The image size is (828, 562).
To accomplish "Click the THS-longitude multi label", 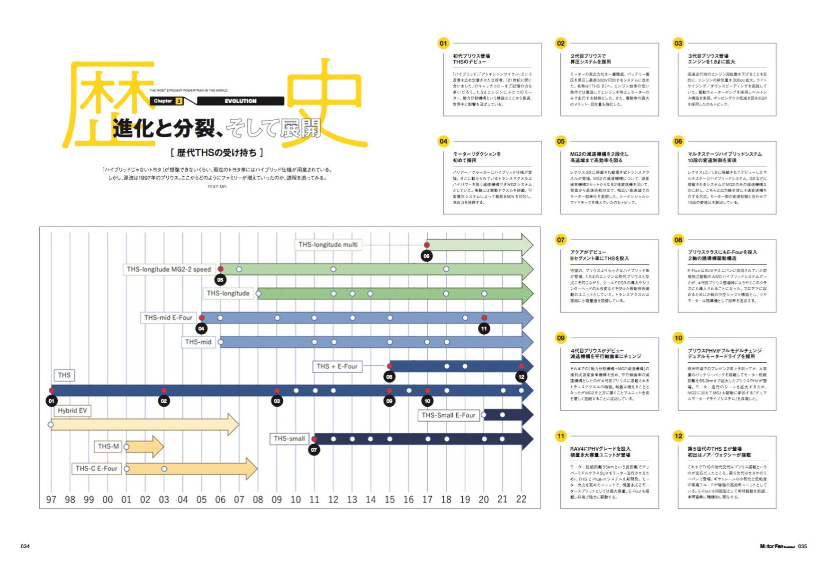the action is tap(328, 245).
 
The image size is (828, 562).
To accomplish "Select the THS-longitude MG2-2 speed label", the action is tap(169, 269).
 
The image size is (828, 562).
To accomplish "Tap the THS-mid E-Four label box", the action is tap(168, 318).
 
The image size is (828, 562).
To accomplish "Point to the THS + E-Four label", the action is tap(337, 366).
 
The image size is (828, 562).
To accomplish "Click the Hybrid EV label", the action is tap(72, 410).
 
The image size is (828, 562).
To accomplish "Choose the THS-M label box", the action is tap(108, 446).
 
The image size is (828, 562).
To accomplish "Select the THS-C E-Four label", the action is tap(96, 469).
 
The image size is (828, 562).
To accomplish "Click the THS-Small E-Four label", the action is tap(448, 415).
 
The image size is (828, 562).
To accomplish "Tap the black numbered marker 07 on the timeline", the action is tap(314, 450).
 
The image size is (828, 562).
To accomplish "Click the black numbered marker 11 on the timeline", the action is tap(484, 329).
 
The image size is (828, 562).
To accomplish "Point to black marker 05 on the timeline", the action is tap(220, 280).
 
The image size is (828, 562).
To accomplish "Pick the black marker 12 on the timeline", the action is tap(521, 377).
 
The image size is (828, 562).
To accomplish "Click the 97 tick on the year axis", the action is tap(51, 500).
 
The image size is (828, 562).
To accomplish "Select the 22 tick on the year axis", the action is tap(521, 499).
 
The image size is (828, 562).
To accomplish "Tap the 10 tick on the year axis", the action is tap(296, 500).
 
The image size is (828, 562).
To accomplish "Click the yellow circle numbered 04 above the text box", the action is tap(443, 141).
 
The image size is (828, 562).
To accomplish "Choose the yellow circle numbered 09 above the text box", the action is tap(560, 338).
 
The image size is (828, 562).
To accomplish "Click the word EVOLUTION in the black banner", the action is tap(240, 101).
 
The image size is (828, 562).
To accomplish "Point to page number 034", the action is tap(25, 546).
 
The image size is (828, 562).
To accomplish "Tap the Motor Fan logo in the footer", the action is tap(777, 546).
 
